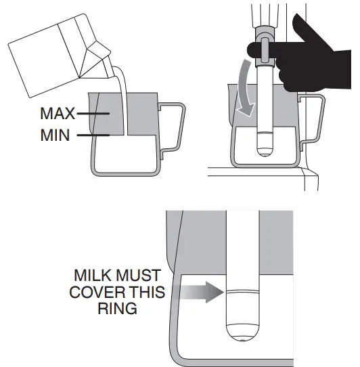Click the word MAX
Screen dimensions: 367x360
(59, 114)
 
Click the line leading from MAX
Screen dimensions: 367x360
(93, 114)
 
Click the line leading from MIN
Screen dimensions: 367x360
(91, 135)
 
